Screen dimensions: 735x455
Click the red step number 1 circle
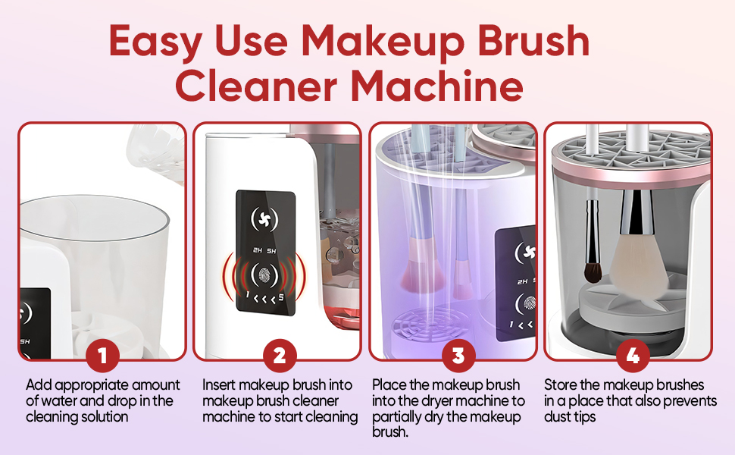[x=102, y=356]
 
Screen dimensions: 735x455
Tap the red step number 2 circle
[x=280, y=356]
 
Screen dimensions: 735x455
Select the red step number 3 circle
[x=458, y=356]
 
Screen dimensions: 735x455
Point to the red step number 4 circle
[x=633, y=356]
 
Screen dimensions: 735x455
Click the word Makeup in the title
[x=383, y=41]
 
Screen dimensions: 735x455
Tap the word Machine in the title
[x=437, y=86]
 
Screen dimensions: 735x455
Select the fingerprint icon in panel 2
[x=265, y=275]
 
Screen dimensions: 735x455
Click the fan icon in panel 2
[x=265, y=218]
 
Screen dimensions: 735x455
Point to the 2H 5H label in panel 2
[x=265, y=251]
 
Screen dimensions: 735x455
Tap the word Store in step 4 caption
[x=561, y=384]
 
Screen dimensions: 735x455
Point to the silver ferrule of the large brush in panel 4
[x=636, y=212]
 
